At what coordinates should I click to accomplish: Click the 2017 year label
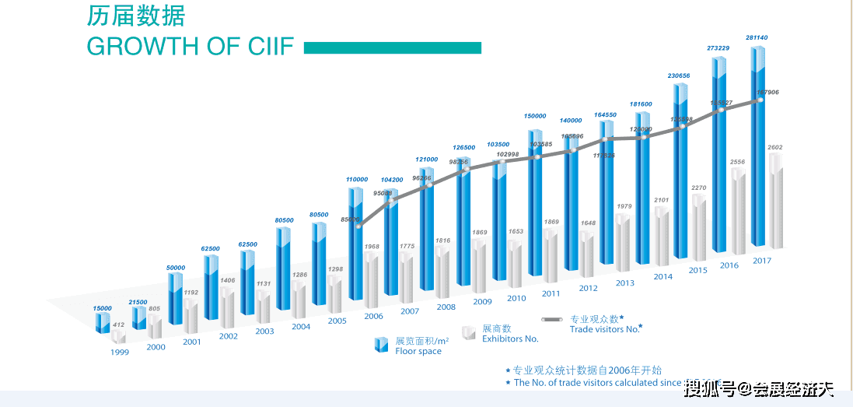tap(762, 261)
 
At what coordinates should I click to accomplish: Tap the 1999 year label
tap(120, 352)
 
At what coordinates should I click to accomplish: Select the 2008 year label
tap(446, 307)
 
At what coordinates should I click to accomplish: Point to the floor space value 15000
tap(103, 308)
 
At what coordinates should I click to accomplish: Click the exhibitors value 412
tap(119, 325)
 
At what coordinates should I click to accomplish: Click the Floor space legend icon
tap(381, 344)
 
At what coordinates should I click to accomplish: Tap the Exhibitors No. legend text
tap(510, 339)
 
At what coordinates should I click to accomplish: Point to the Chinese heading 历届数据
tap(136, 16)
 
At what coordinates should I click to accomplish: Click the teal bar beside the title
tap(392, 47)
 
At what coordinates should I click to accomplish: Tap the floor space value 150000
tap(534, 115)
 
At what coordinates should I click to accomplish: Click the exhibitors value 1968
tap(373, 247)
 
